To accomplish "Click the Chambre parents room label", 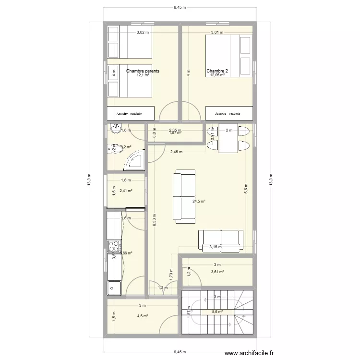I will [143, 71].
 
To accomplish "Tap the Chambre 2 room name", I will [217, 71].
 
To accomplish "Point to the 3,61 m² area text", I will [217, 272].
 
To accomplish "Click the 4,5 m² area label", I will [142, 316].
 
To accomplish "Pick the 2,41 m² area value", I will [126, 191].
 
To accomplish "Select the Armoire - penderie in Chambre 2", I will [228, 113].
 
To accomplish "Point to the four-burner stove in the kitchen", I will [114, 246].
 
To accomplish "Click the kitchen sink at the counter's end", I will [114, 288].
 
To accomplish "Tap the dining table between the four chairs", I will [228, 139].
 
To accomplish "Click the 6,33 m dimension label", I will [153, 221].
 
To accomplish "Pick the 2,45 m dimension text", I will [176, 152].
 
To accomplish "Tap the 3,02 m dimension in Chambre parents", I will [143, 33].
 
